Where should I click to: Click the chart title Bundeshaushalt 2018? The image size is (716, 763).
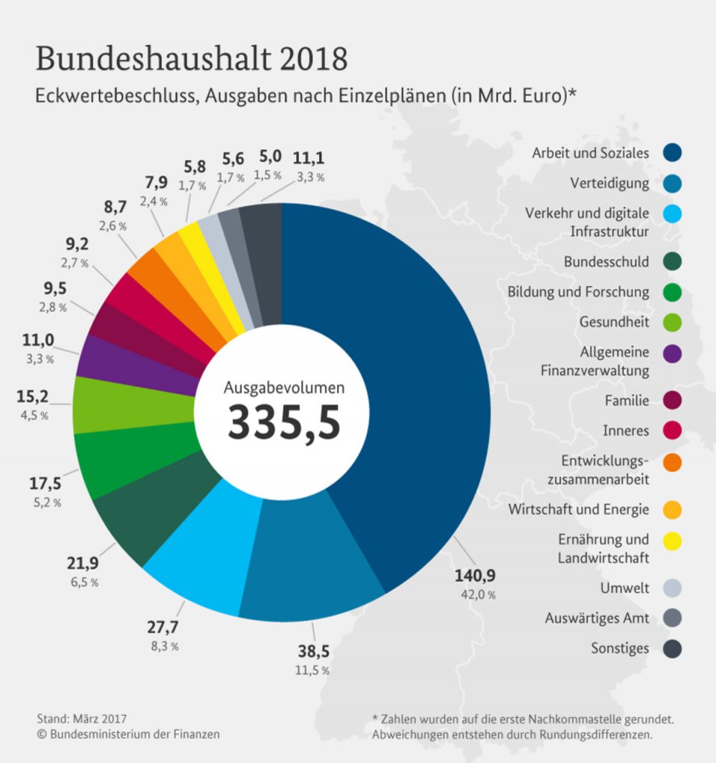click(192, 59)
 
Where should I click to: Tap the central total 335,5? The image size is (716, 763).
click(284, 422)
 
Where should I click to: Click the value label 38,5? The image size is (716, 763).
click(313, 651)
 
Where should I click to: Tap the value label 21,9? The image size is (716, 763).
click(84, 562)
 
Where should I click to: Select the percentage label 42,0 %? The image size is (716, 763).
click(477, 595)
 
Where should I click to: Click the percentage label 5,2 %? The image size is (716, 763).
click(46, 502)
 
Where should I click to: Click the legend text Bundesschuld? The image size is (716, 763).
click(606, 262)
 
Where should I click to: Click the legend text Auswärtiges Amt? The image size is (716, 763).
click(597, 618)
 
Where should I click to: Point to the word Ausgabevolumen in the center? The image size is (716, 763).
click(284, 387)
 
